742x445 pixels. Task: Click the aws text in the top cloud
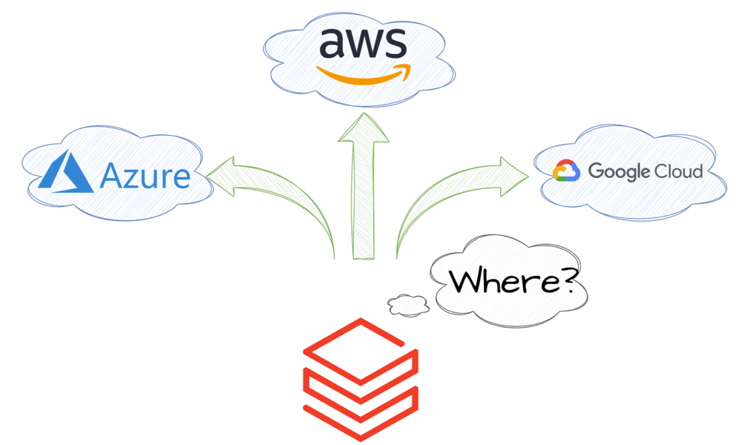tap(362, 44)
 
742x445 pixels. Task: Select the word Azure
tap(145, 177)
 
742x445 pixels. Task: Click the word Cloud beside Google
tap(678, 171)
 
